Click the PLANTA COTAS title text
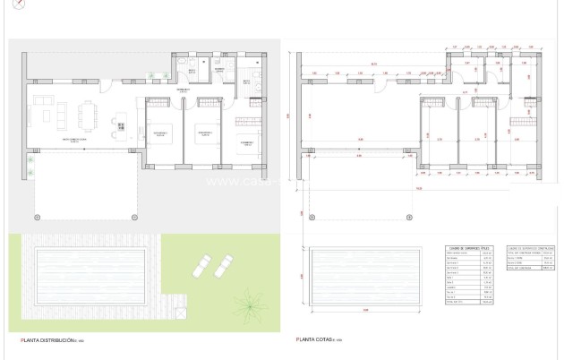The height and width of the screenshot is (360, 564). [x=319, y=341]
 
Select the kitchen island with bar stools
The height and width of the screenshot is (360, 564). [x=117, y=123]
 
